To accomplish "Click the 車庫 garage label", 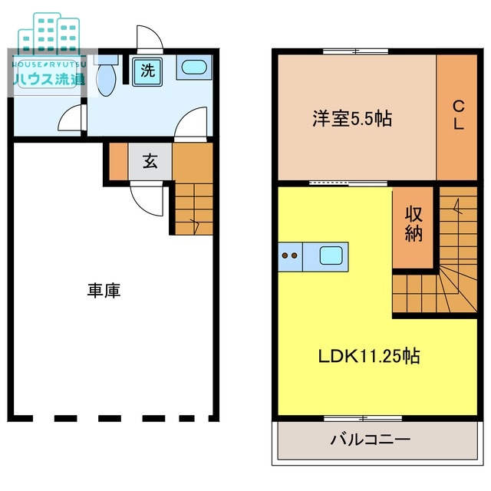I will tap(103, 291).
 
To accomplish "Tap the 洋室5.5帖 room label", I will tap(352, 119).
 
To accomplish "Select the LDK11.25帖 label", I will tap(369, 356).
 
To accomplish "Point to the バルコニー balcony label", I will tap(371, 440).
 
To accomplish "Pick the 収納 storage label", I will tap(414, 224).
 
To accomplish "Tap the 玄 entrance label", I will tap(150, 162).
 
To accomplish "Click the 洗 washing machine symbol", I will tap(147, 71).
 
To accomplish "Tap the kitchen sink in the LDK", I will tap(331, 255).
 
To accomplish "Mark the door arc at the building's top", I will tap(148, 38).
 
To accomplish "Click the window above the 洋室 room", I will tap(355, 51).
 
